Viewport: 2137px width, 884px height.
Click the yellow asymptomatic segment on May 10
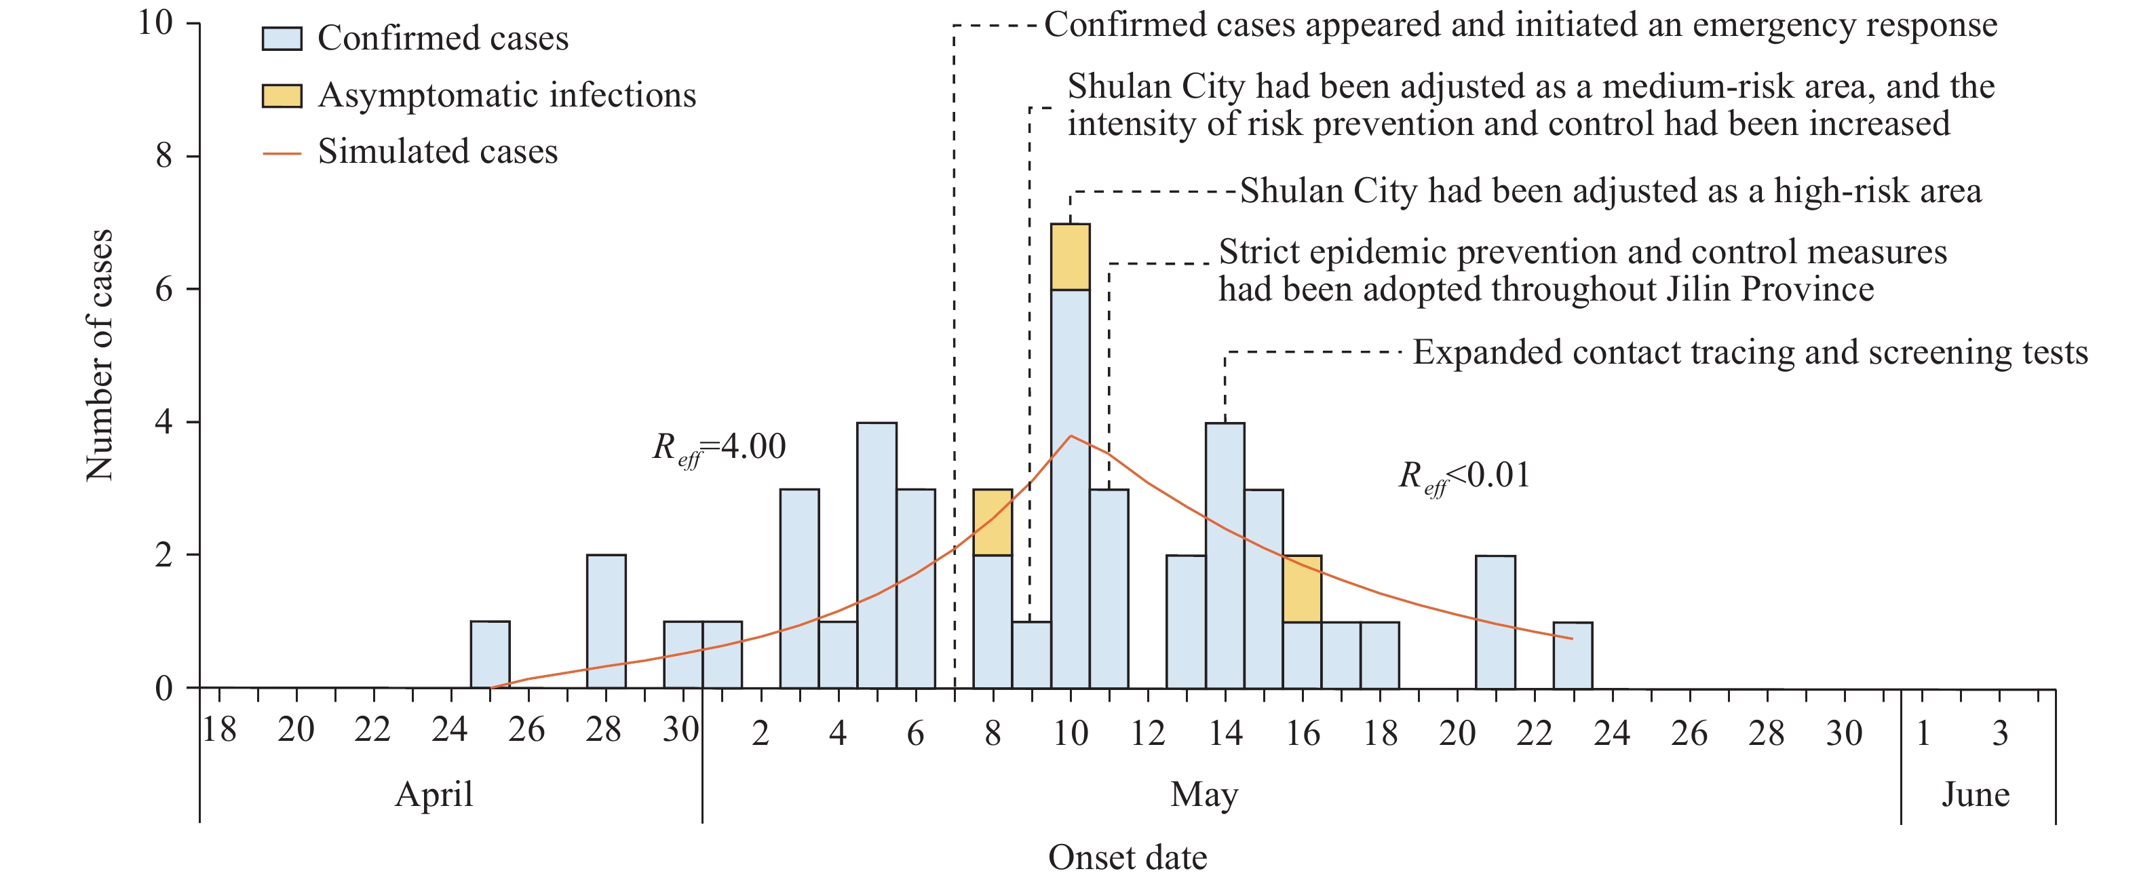[x=1070, y=257]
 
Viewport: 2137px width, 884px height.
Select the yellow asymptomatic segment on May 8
[x=992, y=522]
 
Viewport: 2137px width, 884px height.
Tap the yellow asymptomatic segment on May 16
[x=1302, y=589]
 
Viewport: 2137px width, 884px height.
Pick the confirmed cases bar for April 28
[x=607, y=621]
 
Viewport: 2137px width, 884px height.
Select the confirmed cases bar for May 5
[x=877, y=555]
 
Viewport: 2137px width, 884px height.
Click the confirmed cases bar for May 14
[x=1225, y=555]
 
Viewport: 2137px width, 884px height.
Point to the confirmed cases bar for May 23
[x=1572, y=655]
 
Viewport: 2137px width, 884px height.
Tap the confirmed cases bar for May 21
[x=1495, y=621]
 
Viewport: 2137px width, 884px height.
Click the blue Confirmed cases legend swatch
[x=282, y=39]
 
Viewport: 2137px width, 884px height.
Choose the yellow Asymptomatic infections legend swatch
[x=282, y=96]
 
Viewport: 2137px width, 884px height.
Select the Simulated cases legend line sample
[x=282, y=153]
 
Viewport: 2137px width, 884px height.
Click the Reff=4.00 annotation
[x=718, y=448]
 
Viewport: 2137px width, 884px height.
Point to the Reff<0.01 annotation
[x=1464, y=478]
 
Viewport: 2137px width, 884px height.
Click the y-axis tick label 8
[x=164, y=155]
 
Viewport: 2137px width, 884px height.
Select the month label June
[x=1976, y=794]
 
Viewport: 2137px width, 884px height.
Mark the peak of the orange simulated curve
[x=1071, y=436]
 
